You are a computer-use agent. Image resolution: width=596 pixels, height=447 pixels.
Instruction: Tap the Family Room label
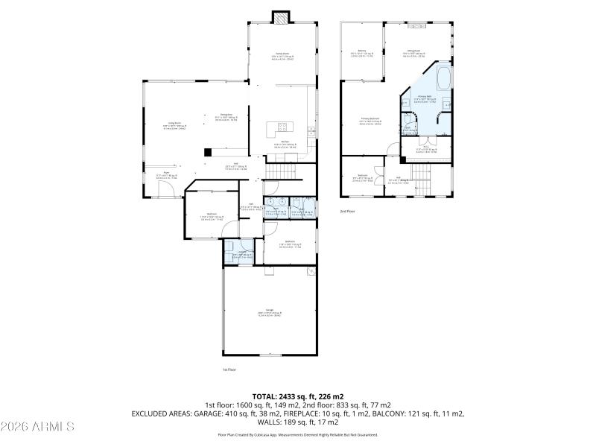point(282,55)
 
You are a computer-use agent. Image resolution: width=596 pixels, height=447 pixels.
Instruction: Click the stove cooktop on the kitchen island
point(283,126)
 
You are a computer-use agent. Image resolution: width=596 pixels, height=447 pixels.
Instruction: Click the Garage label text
point(270,312)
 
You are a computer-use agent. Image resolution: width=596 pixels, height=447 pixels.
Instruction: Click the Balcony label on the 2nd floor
point(362,52)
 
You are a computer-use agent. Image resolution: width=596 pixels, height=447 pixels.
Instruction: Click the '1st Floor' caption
point(229,370)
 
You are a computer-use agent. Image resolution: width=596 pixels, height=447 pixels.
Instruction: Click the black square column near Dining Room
point(208,152)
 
